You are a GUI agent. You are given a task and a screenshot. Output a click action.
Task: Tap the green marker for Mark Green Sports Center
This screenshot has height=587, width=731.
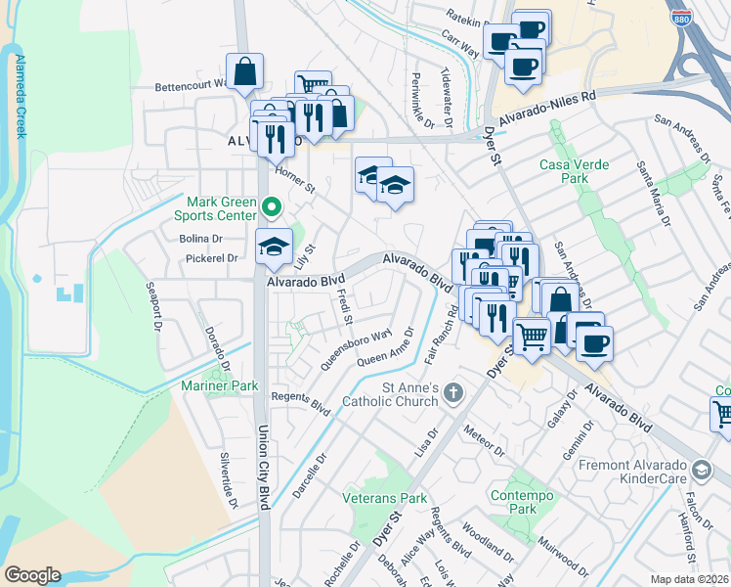coord(273,206)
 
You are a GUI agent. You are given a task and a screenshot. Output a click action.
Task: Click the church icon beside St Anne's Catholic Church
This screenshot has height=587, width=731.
coord(451,392)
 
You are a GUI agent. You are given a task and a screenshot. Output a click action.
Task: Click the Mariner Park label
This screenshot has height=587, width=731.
coord(220,385)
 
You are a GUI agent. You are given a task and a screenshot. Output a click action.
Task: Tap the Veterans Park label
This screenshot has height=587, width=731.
coord(385,498)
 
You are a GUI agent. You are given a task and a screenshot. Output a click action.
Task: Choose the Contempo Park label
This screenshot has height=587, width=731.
coord(514,502)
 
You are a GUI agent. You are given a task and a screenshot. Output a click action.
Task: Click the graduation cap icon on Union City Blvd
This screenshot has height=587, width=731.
coord(274,248)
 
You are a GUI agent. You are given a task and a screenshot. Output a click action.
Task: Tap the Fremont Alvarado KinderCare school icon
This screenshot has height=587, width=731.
coord(701,472)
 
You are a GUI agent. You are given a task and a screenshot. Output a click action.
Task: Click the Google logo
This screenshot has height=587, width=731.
coord(32,575)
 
